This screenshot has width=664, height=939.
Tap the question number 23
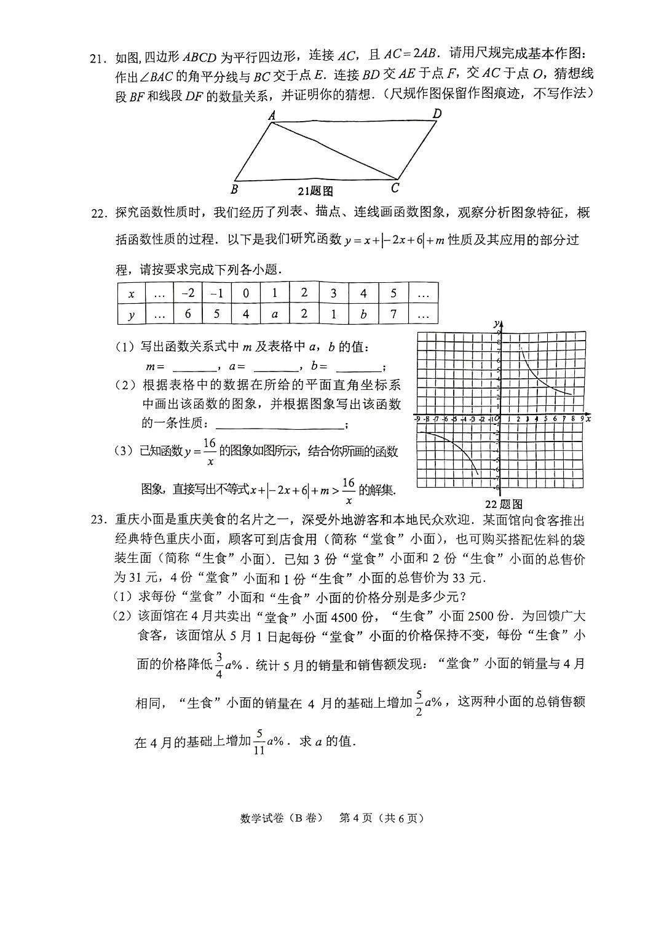[x=98, y=520]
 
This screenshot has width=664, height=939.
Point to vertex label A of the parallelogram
[x=271, y=115]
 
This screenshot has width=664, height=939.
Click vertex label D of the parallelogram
[x=437, y=113]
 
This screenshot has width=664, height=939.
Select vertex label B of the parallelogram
[x=234, y=189]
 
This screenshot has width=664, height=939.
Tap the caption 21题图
[x=315, y=191]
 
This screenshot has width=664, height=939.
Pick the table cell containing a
[x=275, y=314]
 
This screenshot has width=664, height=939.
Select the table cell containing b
[x=363, y=314]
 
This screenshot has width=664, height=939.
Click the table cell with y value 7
[x=393, y=314]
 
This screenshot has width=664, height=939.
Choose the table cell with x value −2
[x=188, y=293]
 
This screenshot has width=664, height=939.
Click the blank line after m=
[x=194, y=367]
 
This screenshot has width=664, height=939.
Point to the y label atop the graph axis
[x=496, y=323]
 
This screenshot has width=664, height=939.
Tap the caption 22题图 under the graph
[x=507, y=504]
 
